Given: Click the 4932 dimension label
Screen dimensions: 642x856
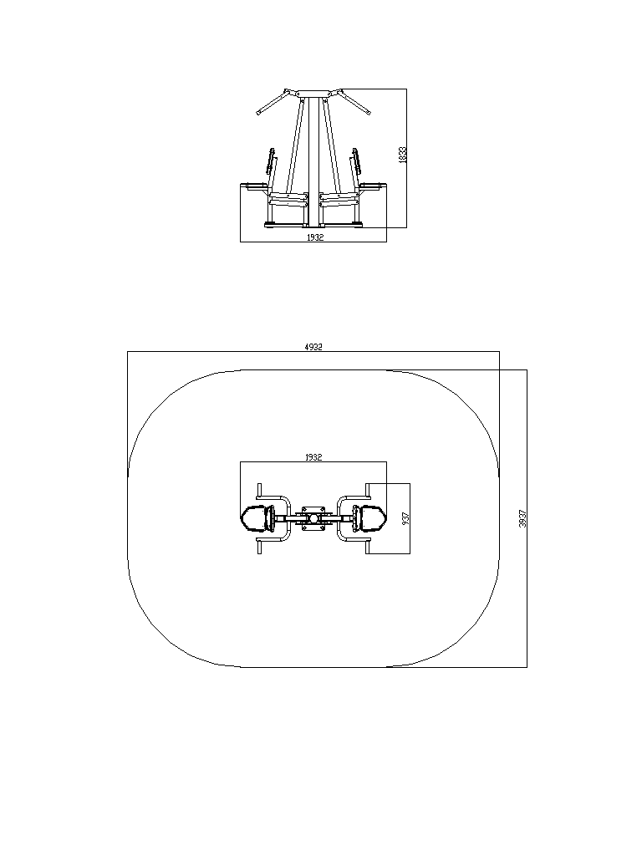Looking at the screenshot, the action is tap(313, 347).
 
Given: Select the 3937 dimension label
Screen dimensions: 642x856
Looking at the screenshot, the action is tap(522, 518).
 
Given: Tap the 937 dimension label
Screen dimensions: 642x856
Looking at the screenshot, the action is tap(405, 518).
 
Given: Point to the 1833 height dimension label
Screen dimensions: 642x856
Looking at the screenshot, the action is tap(402, 155).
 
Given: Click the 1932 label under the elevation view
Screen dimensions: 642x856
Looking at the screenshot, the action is tap(315, 237).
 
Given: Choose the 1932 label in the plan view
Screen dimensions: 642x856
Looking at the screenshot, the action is tap(313, 457).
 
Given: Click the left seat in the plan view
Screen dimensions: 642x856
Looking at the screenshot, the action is tap(257, 518).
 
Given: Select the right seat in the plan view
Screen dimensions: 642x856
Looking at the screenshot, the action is tap(369, 518).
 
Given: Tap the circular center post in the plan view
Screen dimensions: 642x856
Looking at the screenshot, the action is tap(313, 518).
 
